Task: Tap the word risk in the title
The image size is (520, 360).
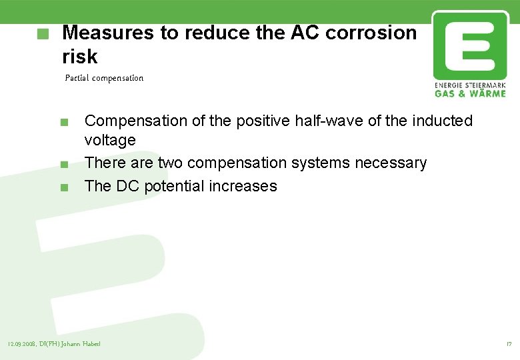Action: [79, 56]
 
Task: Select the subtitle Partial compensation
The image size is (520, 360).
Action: [104, 78]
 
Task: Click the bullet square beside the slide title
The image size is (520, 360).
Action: [44, 33]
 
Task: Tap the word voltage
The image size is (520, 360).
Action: [110, 140]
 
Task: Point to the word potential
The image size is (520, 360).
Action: [172, 186]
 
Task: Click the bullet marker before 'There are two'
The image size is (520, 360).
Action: [63, 165]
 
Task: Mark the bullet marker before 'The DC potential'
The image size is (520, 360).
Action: [63, 187]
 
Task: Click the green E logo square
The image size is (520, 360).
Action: [469, 45]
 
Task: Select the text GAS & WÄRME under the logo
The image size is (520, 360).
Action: [470, 93]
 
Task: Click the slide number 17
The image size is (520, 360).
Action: [509, 344]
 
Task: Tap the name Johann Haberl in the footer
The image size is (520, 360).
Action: [83, 344]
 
